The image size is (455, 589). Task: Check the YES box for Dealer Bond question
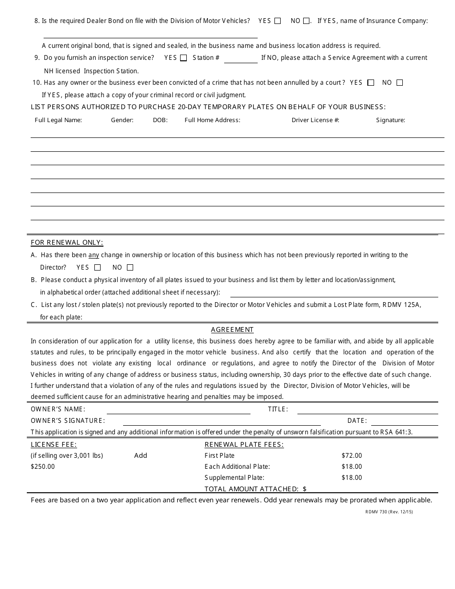[278, 21]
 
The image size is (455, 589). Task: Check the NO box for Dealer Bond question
[306, 21]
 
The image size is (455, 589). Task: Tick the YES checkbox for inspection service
[183, 58]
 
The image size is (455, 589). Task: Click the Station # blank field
[240, 58]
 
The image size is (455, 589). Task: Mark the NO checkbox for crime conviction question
[399, 83]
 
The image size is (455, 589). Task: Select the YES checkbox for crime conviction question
[371, 83]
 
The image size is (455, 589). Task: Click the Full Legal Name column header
[58, 120]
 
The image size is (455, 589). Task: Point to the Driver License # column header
[315, 120]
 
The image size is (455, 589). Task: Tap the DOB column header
[160, 120]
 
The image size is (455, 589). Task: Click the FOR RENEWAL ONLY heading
[67, 243]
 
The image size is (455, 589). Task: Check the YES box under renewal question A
[98, 268]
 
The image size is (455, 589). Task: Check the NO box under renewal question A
[130, 268]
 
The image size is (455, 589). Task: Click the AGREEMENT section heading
[232, 330]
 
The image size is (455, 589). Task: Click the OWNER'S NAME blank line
[178, 410]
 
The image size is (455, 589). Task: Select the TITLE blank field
[367, 410]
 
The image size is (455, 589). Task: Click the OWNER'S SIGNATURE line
[221, 421]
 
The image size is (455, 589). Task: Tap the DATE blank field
[404, 421]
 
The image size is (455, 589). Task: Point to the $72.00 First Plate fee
[352, 456]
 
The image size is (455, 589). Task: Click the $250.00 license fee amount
[43, 467]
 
